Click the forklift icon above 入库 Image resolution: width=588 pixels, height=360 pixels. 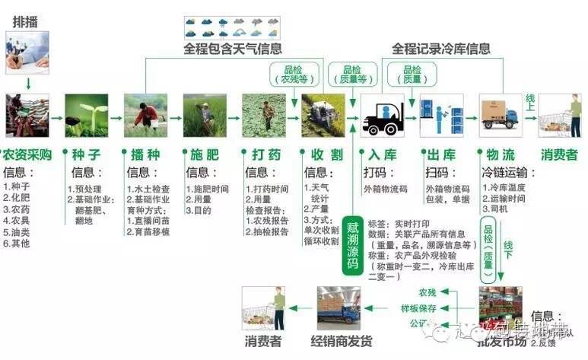[382, 116]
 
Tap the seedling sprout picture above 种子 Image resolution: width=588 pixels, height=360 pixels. [86, 115]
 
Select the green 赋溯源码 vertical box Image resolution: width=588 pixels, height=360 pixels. [352, 243]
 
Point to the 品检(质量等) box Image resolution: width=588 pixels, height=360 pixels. [350, 74]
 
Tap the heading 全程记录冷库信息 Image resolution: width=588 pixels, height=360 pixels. [441, 49]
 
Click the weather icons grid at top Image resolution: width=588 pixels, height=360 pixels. [232, 27]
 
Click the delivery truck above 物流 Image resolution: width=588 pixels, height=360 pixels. [500, 115]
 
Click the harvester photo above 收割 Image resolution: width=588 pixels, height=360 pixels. [323, 115]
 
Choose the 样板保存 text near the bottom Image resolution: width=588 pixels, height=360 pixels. [418, 307]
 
